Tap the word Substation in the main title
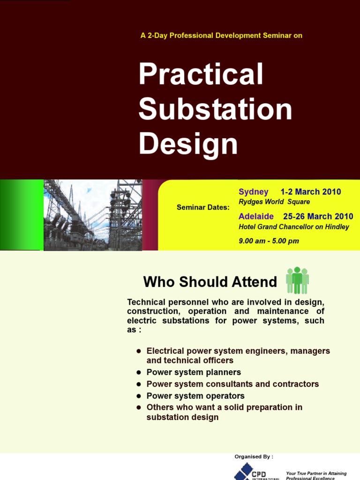[x=215, y=109]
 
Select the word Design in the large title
[x=188, y=143]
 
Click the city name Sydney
[x=253, y=192]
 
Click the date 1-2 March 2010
[x=310, y=192]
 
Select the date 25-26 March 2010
[x=318, y=217]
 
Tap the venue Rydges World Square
[x=274, y=202]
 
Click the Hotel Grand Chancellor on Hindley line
[x=294, y=227]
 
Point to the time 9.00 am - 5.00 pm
[x=269, y=241]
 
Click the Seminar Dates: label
[x=203, y=207]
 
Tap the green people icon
[x=297, y=281]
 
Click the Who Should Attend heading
[x=210, y=282]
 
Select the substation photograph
[x=93, y=215]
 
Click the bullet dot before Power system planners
[x=139, y=373]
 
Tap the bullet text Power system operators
[x=195, y=396]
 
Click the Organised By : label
[x=254, y=457]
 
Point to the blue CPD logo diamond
[x=242, y=472]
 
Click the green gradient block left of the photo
[x=21, y=215]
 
